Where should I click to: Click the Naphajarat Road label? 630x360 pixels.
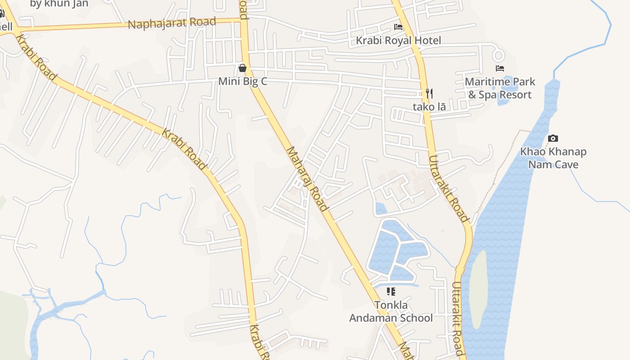pos(172,22)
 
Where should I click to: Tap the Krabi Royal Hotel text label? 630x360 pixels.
pos(398,40)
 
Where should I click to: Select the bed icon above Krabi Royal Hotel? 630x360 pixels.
pos(398,27)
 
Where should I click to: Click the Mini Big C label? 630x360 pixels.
pos(243,81)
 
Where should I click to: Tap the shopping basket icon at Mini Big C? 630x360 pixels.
pos(243,68)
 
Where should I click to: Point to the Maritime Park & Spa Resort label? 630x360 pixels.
pos(500,88)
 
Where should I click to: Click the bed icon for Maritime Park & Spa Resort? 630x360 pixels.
pos(499,68)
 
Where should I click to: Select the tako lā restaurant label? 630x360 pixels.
pos(429,107)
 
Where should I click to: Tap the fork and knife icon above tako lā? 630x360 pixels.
pos(429,94)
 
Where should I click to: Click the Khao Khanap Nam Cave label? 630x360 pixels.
pos(553,158)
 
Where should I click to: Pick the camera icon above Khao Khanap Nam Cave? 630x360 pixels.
pos(553,138)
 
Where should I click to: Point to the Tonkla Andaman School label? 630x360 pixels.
pos(391,311)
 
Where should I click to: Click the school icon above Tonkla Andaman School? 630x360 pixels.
pos(391,292)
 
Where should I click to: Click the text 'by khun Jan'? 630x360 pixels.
pos(59,4)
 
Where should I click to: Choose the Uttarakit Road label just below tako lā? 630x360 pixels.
pos(449,189)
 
